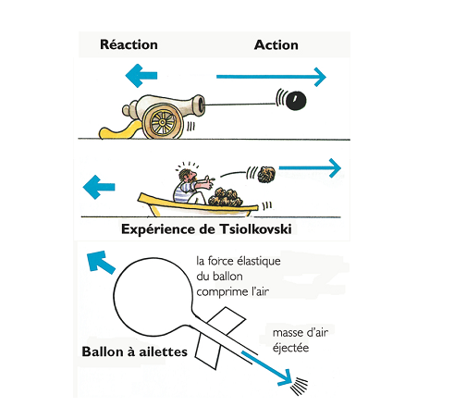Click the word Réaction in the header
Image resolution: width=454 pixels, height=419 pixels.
(x=129, y=44)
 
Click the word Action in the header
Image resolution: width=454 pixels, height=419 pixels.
(x=276, y=45)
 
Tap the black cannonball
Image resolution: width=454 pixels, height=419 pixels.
(x=296, y=101)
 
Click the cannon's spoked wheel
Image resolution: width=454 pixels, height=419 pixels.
(x=163, y=122)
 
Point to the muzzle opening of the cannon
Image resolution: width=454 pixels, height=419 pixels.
(x=202, y=104)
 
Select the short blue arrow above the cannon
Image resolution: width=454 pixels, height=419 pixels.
(x=141, y=76)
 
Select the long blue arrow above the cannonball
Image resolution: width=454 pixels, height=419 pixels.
(x=271, y=77)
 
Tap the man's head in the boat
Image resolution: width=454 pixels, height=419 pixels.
(x=188, y=176)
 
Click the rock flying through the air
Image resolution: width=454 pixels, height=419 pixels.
(x=266, y=175)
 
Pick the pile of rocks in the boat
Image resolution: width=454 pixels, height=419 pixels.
(x=226, y=197)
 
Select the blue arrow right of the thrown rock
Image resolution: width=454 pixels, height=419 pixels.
(x=310, y=168)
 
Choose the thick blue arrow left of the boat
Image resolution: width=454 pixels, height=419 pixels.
(x=99, y=187)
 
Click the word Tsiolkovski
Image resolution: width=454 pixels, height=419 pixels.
(x=255, y=229)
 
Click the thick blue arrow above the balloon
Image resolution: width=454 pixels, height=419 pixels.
(x=100, y=262)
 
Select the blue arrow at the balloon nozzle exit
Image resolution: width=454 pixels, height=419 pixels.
(x=267, y=369)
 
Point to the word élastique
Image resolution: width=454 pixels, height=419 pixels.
(x=259, y=262)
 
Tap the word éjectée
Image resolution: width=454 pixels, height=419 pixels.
(x=290, y=348)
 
